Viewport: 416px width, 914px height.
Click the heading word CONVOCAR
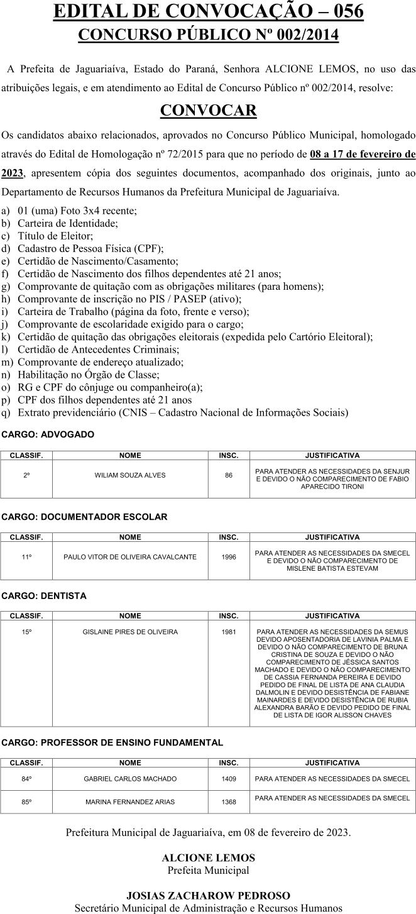click(208, 111)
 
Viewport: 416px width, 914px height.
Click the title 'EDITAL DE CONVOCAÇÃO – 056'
click(208, 11)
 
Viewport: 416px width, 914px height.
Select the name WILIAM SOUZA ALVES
click(130, 475)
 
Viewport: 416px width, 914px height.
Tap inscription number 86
click(229, 475)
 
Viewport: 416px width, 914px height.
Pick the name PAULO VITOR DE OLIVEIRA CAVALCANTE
click(130, 557)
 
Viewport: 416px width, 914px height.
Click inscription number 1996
click(229, 557)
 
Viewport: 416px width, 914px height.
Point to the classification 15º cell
click(26, 632)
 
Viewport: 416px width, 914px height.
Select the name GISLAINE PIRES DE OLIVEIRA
click(130, 632)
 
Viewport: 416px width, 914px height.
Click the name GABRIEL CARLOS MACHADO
click(130, 779)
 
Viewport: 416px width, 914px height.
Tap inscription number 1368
click(229, 801)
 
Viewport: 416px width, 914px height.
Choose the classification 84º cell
click(26, 779)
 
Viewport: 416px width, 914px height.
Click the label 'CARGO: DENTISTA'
click(44, 595)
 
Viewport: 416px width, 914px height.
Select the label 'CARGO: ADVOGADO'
click(48, 434)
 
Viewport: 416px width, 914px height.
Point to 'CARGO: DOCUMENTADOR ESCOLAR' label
click(84, 517)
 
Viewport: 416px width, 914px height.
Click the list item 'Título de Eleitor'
click(55, 236)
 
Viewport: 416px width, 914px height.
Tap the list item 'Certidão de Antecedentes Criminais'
click(98, 350)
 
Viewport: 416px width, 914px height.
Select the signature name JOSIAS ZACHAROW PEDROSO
click(208, 895)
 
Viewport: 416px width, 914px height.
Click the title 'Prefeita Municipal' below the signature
click(208, 870)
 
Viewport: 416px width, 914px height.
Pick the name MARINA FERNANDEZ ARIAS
click(130, 801)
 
